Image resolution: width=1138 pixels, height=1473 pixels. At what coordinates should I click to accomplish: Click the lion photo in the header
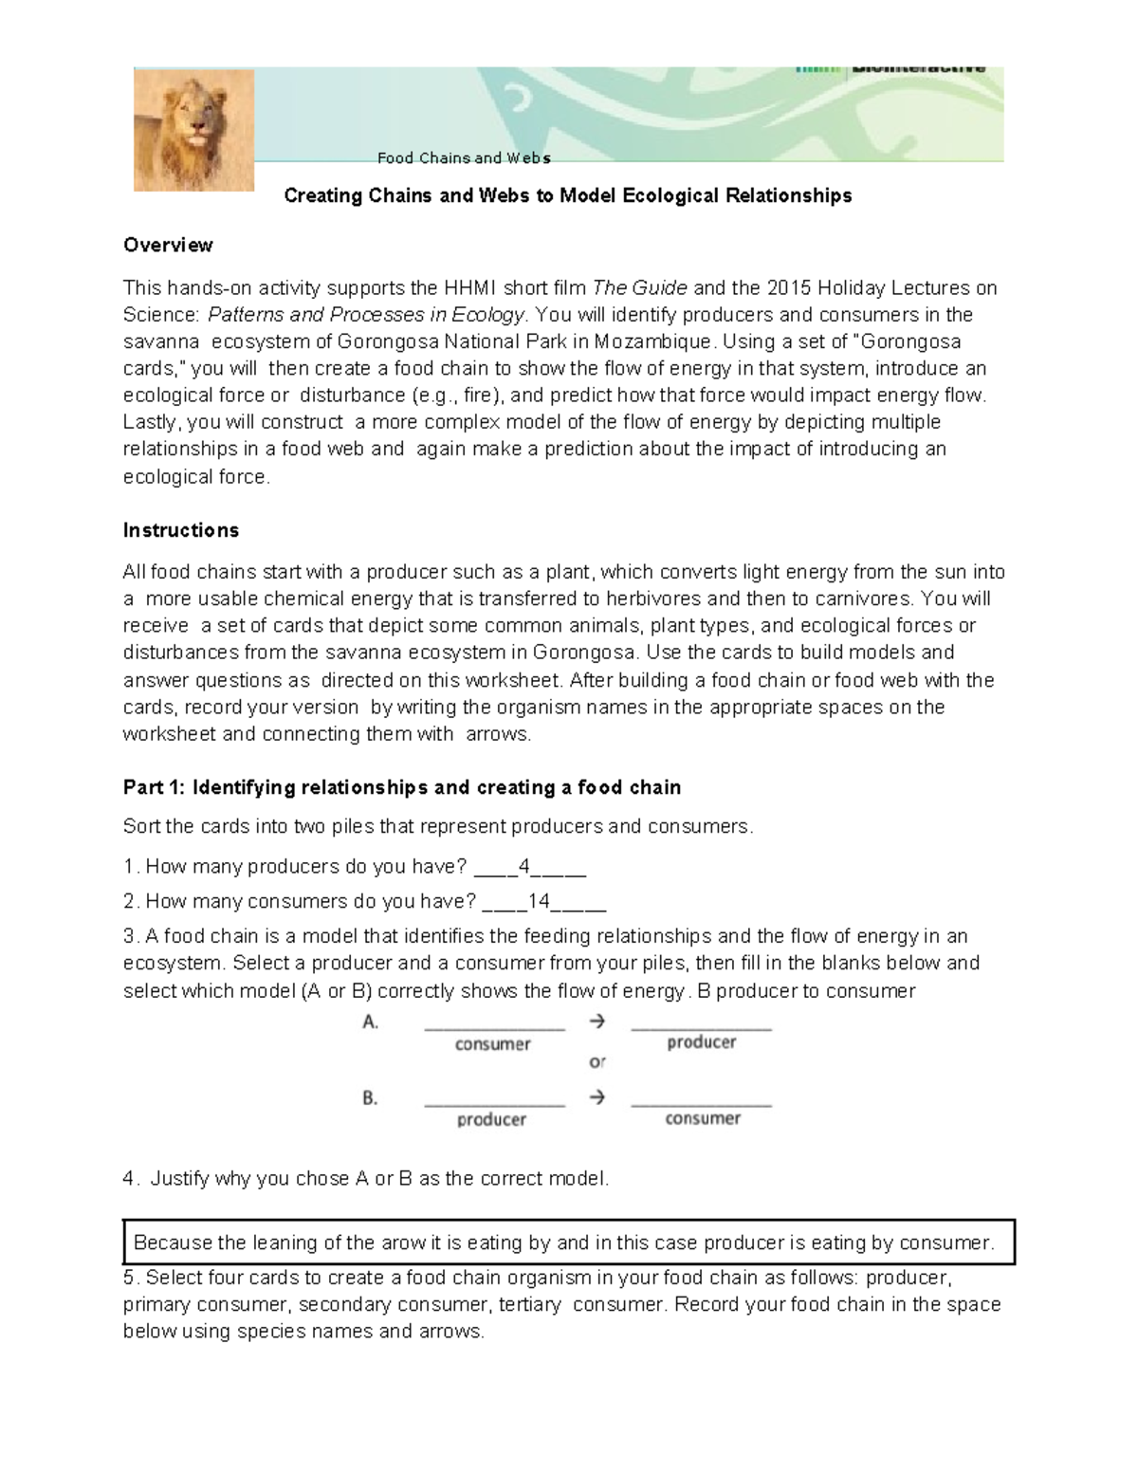[193, 129]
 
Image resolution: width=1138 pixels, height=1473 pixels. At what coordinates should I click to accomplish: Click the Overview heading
[168, 246]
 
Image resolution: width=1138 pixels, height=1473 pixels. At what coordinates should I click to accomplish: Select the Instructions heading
[181, 530]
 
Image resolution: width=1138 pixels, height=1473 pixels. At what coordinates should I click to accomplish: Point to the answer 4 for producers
[524, 867]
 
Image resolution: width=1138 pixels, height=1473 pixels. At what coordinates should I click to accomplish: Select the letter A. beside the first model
[371, 1022]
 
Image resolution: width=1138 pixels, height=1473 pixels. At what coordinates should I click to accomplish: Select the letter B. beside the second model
[371, 1098]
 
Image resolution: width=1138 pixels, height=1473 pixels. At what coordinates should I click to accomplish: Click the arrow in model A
[597, 1022]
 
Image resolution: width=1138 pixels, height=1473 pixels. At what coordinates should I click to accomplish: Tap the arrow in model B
[597, 1097]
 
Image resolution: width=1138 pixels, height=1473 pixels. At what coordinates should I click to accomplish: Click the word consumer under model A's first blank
[492, 1044]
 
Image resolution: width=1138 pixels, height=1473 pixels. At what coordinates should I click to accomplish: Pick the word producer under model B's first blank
[491, 1120]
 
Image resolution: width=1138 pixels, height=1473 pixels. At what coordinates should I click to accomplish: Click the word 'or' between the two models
[597, 1061]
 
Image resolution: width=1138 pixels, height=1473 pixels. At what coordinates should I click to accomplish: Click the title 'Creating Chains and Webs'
[568, 196]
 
